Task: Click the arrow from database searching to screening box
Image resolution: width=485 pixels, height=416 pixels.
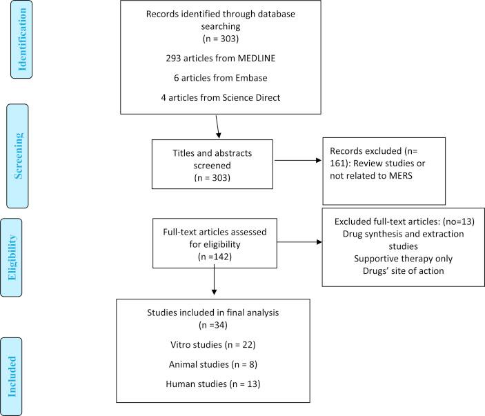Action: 219,126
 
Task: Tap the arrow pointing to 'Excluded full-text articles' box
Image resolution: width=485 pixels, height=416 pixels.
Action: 297,242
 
